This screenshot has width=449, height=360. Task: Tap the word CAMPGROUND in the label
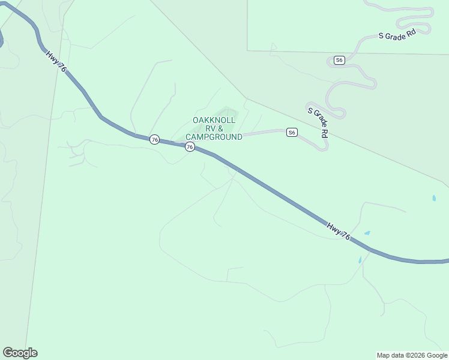click(214, 137)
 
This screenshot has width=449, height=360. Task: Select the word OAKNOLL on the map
click(214, 121)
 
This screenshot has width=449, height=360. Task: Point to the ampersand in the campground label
click(220, 129)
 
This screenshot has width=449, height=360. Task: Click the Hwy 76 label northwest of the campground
click(55, 61)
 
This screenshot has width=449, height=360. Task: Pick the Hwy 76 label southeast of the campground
click(339, 232)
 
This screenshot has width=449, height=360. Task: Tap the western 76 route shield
click(155, 140)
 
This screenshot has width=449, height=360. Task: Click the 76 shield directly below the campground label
click(190, 147)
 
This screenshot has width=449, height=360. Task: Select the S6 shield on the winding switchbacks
click(339, 60)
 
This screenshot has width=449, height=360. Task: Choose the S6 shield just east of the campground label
click(292, 133)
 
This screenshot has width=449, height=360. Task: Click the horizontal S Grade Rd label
click(397, 35)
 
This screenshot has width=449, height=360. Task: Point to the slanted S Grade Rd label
click(318, 122)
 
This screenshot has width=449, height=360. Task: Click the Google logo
click(20, 353)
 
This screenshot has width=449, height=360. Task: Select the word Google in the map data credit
click(436, 356)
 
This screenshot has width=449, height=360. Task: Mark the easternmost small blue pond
click(434, 198)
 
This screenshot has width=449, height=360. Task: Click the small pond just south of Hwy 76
click(360, 260)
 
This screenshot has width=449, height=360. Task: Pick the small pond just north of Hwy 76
click(367, 233)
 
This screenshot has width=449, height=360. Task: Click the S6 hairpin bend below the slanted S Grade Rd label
click(324, 148)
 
